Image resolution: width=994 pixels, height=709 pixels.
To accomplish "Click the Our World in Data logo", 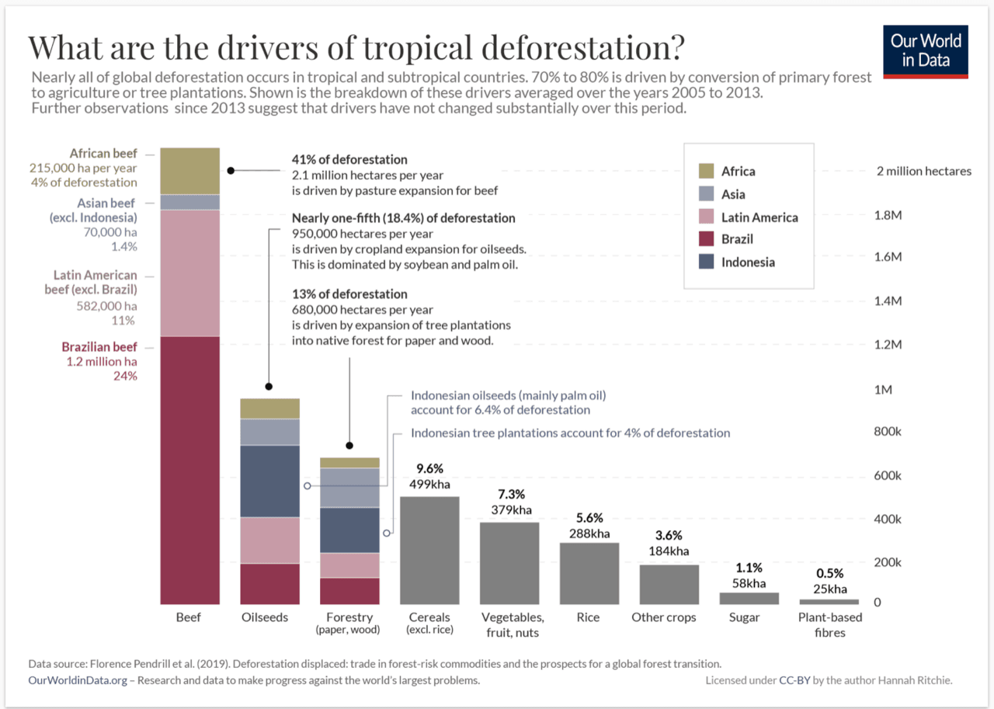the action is click(x=925, y=52).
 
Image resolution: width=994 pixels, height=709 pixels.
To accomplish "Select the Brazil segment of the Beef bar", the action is click(x=190, y=471).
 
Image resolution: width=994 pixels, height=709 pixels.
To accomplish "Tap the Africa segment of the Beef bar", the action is click(x=190, y=171).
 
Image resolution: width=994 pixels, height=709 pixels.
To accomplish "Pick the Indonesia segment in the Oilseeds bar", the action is click(x=269, y=481).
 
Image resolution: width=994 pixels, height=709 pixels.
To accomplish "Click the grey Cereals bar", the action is click(x=429, y=550).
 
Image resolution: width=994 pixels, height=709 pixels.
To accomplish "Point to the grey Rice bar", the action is click(x=589, y=573).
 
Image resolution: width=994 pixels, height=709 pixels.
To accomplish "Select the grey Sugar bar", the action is click(x=749, y=598).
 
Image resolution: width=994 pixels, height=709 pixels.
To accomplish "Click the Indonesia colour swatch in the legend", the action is click(x=706, y=262).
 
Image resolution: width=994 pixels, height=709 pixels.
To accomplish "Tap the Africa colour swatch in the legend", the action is click(x=706, y=171).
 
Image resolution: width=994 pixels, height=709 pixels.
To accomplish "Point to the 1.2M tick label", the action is click(x=888, y=345).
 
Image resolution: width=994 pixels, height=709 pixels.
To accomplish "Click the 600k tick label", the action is click(x=888, y=475).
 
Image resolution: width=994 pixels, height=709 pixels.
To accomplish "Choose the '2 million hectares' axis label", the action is click(x=924, y=172).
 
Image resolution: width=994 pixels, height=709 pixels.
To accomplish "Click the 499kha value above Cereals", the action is click(x=429, y=484).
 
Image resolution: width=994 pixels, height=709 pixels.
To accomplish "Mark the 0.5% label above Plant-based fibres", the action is click(x=830, y=573).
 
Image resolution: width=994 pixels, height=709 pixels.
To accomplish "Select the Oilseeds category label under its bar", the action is click(x=265, y=617).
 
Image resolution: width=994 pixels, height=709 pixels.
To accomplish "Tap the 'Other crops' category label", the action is click(x=664, y=617).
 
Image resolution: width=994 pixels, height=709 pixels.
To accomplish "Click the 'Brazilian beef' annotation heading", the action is click(x=99, y=346).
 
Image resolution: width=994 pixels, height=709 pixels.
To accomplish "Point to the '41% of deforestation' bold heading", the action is click(x=349, y=159).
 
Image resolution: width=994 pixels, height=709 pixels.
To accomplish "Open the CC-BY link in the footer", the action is click(x=794, y=680).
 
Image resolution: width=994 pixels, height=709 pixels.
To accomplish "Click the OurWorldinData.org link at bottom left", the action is click(x=78, y=680).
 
